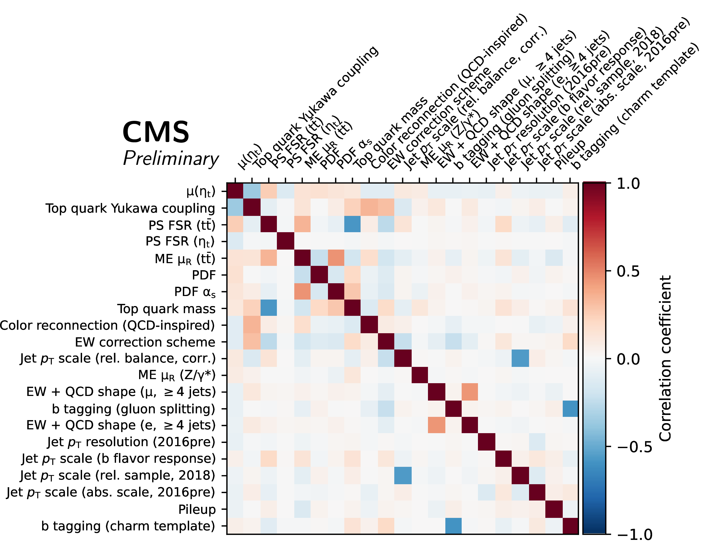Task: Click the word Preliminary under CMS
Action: click(x=171, y=159)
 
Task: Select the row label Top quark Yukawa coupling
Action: click(x=130, y=208)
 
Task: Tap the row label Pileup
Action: click(x=197, y=509)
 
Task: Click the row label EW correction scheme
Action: click(x=145, y=342)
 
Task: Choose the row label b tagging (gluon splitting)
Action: click(x=133, y=408)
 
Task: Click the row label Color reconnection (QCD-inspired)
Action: click(x=107, y=325)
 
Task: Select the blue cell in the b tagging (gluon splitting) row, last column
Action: click(x=570, y=408)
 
